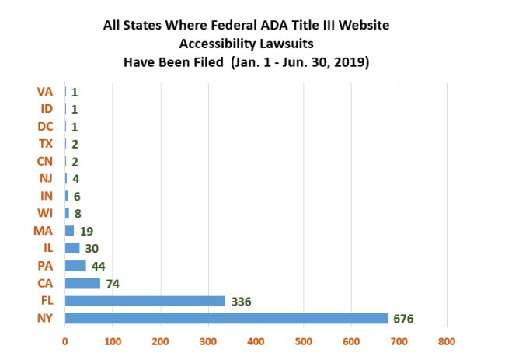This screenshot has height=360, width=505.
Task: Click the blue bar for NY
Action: coord(225,318)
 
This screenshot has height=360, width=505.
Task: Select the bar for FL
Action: coord(145,301)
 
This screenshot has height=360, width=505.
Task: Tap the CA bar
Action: coord(82,283)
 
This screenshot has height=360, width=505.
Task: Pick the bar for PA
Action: coord(75,266)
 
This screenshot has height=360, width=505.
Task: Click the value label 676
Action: coord(402,319)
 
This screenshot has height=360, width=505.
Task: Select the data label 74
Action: coord(113,284)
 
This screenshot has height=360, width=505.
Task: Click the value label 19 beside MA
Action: coord(85,231)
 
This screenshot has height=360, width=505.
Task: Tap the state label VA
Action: coord(45,92)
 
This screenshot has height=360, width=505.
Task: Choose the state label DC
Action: coord(45,126)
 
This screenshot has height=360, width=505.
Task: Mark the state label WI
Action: coord(45,213)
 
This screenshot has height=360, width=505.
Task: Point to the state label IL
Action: coord(47,248)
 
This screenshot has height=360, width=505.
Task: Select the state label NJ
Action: coord(46,179)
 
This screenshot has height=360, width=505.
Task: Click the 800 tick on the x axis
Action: coord(447,341)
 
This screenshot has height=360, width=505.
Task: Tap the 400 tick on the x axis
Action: coord(256,341)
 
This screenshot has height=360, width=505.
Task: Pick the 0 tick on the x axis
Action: coord(65,341)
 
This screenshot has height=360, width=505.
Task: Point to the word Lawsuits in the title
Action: coord(288,44)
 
